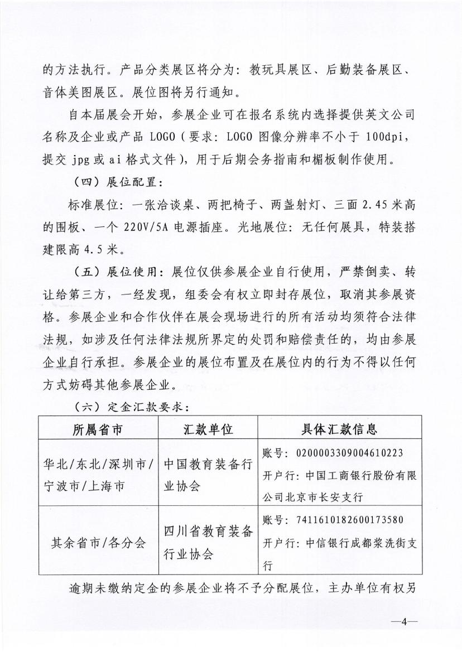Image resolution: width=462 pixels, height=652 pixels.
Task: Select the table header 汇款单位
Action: pyautogui.click(x=208, y=429)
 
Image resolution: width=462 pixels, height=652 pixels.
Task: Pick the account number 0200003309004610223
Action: pyautogui.click(x=348, y=452)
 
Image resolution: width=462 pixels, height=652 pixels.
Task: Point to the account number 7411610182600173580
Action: pyautogui.click(x=348, y=520)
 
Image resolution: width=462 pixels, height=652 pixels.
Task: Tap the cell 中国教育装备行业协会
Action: pyautogui.click(x=208, y=475)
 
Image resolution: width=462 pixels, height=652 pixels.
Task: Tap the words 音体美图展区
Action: pyautogui.click(x=81, y=93)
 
